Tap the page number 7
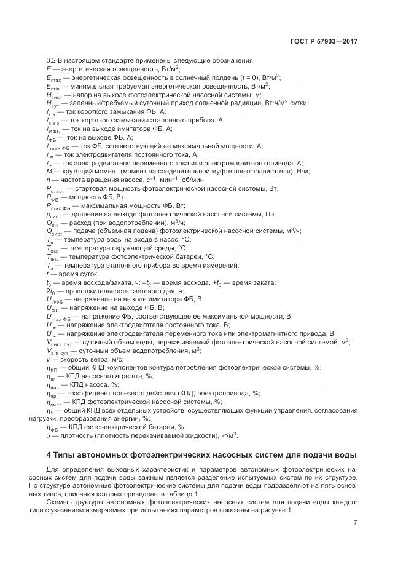click(356, 523)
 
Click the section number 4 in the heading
click(49, 454)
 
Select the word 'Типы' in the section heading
click(66, 454)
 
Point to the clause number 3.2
click(51, 60)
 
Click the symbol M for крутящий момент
click(49, 171)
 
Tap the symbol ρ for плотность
click(48, 435)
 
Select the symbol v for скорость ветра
click(48, 359)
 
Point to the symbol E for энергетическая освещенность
click(48, 68)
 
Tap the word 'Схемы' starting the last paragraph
click(72, 502)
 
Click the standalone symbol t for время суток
click(47, 274)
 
